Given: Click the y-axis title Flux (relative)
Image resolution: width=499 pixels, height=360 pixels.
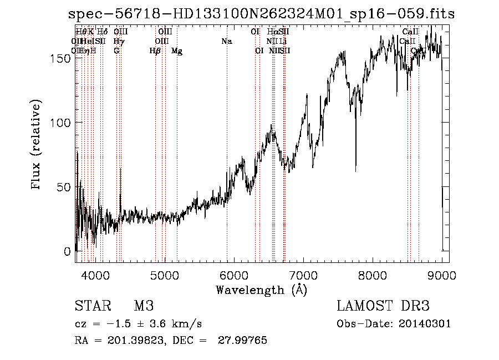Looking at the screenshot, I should pos(37,145).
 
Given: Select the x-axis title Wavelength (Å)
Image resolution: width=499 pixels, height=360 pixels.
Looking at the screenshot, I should pos(261,290).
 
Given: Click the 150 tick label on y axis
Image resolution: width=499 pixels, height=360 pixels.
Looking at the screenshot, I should pos(63,59).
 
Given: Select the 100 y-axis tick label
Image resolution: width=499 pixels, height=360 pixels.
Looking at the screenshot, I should pos(63,123).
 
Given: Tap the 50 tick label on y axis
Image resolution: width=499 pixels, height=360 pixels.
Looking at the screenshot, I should pos(65,187).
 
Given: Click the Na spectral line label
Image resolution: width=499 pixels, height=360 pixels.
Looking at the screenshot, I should pos(226,41).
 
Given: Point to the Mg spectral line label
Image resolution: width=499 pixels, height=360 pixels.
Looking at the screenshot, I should pos(177,51).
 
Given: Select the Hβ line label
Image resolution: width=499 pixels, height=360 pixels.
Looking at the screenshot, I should pos(155,51).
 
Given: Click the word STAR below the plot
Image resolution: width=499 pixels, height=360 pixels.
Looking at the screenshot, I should pos(91,306).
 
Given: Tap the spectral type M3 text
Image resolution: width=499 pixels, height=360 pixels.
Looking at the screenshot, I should pos(143,306).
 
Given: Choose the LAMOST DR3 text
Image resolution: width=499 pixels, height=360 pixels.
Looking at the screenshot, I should pos(383,306).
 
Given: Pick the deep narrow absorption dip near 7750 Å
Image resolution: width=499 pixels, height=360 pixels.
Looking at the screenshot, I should pos(355,166).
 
